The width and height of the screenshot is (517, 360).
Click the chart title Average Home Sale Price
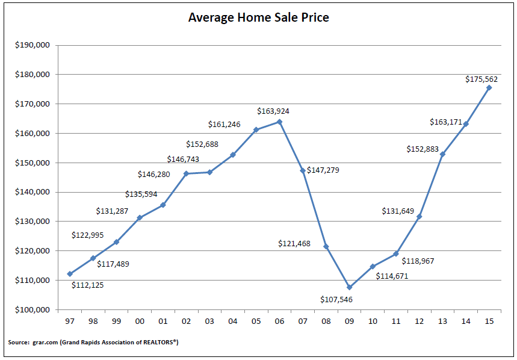pyautogui.click(x=258, y=17)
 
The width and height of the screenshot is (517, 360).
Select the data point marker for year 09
pyautogui.click(x=349, y=287)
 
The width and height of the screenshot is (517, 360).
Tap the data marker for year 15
pyautogui.click(x=489, y=87)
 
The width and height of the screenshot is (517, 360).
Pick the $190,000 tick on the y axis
pyautogui.click(x=33, y=45)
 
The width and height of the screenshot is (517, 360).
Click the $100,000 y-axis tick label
pyautogui.click(x=33, y=310)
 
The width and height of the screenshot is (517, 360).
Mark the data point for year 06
pyautogui.click(x=279, y=122)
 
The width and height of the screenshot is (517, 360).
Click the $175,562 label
pyautogui.click(x=481, y=79)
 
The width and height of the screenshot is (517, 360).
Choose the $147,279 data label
pyautogui.click(x=323, y=170)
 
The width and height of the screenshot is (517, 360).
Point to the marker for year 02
pyautogui.click(x=186, y=173)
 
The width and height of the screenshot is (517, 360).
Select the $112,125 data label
pyautogui.click(x=87, y=285)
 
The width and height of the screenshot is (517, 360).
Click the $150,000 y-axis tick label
pyautogui.click(x=33, y=163)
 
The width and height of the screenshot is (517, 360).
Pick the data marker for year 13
pyautogui.click(x=442, y=154)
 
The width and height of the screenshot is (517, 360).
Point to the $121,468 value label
pyautogui.click(x=294, y=243)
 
